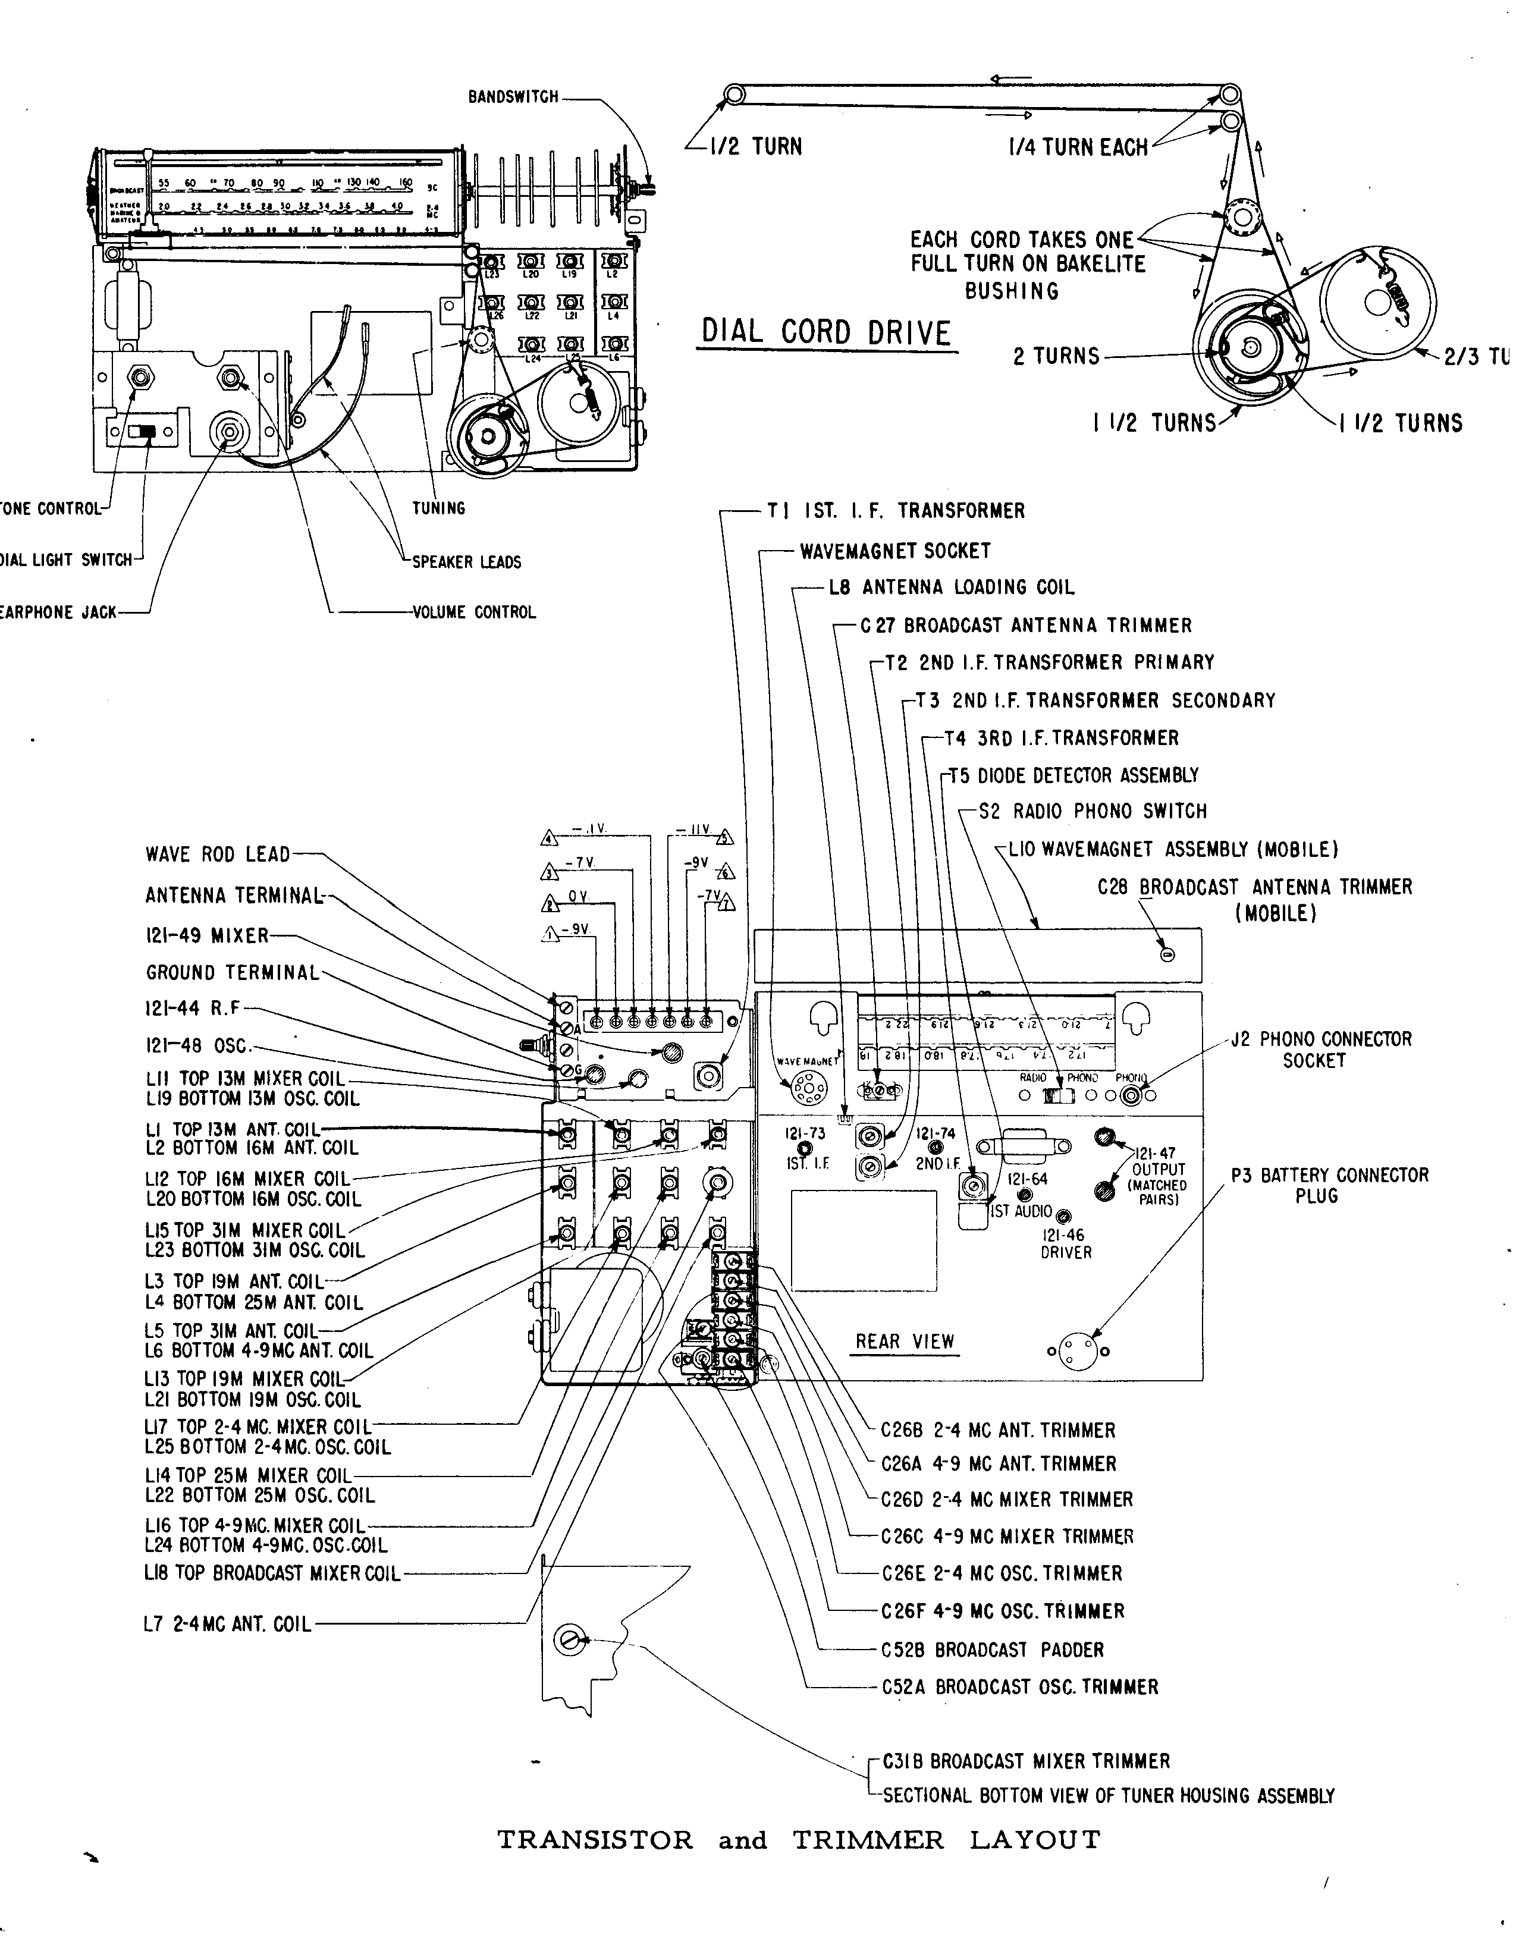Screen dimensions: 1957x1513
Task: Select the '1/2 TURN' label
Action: [x=755, y=147]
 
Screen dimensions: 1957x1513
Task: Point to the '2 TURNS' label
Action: [x=1056, y=356]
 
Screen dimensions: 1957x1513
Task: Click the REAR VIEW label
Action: [x=905, y=1342]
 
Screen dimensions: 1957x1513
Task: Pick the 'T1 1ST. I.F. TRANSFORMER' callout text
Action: [x=896, y=511]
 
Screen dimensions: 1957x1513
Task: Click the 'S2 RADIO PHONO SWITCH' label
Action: [x=1093, y=812]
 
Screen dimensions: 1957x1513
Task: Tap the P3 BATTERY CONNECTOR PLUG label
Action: [x=1329, y=1185]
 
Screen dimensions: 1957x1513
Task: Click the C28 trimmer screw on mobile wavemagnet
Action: [x=1167, y=955]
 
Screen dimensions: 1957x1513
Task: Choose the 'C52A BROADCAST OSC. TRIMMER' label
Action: [x=1019, y=1687]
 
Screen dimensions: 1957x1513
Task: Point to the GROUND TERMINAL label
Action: [x=232, y=973]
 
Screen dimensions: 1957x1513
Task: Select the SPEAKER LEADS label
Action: [x=466, y=563]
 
